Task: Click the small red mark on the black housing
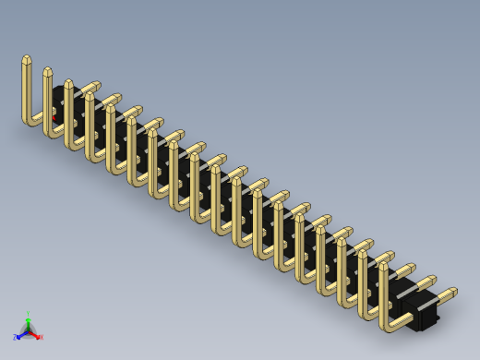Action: (x=54, y=118)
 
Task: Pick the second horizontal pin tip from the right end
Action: (x=431, y=281)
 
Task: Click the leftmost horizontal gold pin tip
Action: (x=94, y=85)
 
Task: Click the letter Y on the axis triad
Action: (x=29, y=314)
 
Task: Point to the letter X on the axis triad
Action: (x=42, y=338)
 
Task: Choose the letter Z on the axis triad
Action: (x=15, y=338)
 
